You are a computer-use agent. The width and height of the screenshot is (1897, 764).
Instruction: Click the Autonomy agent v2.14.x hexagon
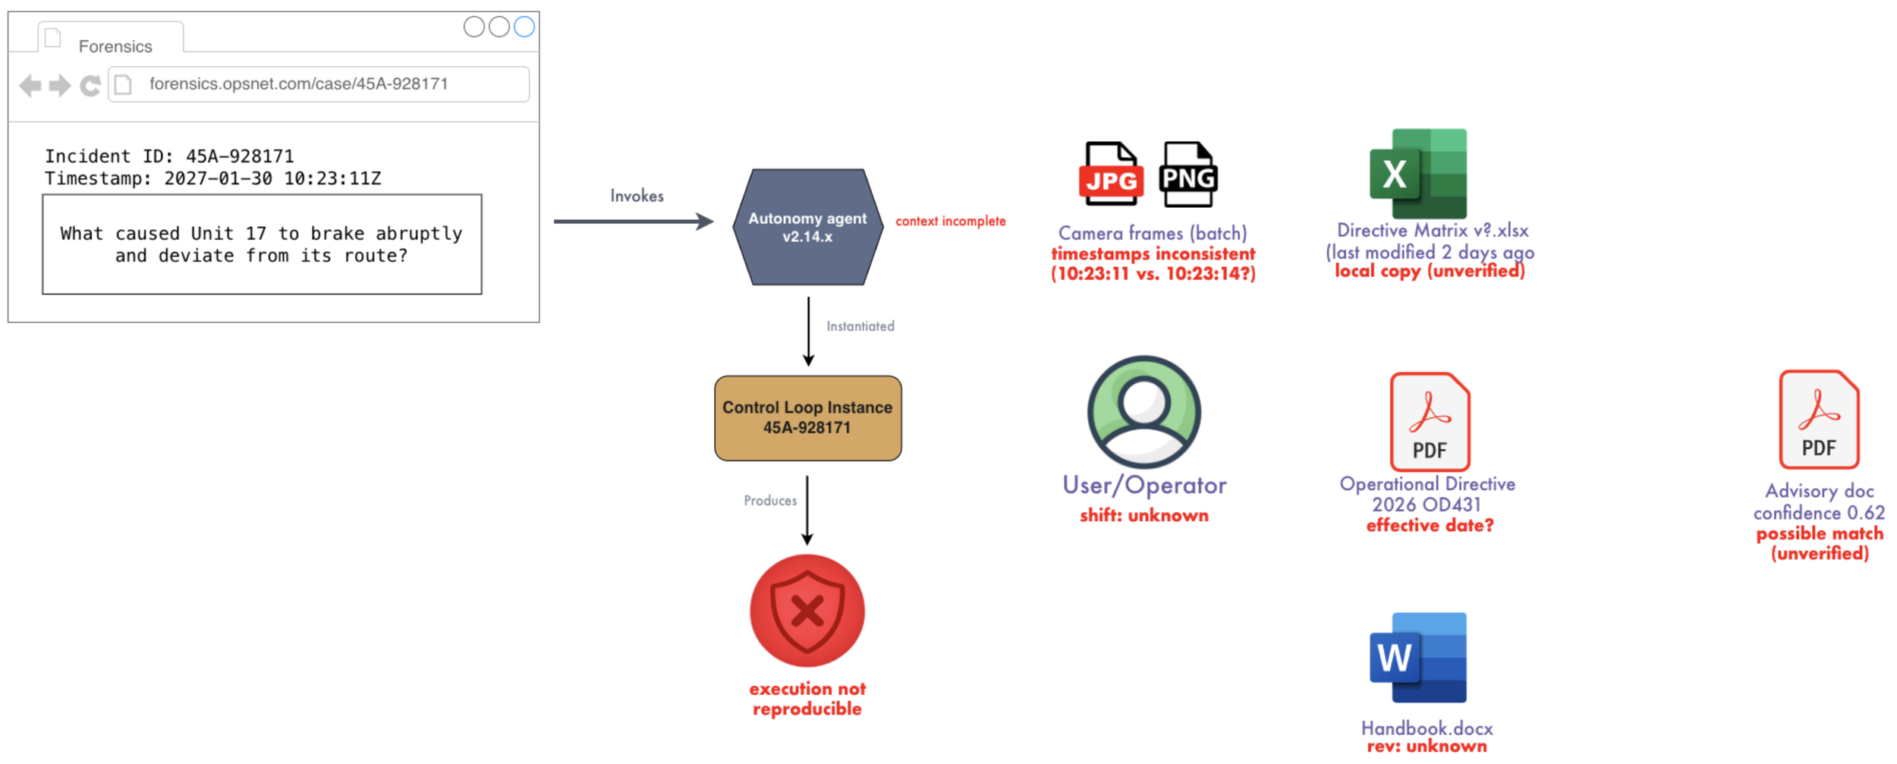coord(807,227)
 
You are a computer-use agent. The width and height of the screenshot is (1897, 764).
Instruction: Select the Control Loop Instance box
coord(807,418)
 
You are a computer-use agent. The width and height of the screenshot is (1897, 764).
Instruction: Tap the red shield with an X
coord(807,611)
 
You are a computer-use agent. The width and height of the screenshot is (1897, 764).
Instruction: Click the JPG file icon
coord(1111,174)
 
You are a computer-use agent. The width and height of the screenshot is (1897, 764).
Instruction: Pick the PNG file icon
coord(1188,174)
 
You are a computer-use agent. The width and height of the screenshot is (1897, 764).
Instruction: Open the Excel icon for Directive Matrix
coord(1417,174)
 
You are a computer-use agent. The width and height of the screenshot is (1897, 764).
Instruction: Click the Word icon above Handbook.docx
coord(1417,658)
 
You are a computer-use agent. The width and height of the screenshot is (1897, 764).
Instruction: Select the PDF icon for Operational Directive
coord(1430,422)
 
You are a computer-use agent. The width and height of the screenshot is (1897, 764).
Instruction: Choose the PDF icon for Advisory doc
coord(1819,420)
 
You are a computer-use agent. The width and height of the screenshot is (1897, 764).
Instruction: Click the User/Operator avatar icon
coord(1144,412)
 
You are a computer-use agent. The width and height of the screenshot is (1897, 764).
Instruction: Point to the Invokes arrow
coord(634,222)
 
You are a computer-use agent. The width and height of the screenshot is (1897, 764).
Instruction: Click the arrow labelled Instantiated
coord(808,332)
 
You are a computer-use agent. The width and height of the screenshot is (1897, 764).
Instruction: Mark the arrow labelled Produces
coord(807,510)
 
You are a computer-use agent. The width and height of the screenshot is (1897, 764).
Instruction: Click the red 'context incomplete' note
coord(950,221)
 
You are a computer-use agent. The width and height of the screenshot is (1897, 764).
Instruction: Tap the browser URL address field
coord(319,84)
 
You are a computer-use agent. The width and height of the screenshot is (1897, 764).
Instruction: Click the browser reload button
coord(90,86)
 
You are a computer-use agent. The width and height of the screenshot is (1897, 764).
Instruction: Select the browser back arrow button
coord(30,86)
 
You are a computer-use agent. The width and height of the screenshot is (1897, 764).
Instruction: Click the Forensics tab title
coord(115,46)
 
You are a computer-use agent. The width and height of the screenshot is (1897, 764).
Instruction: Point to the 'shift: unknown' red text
coord(1144,516)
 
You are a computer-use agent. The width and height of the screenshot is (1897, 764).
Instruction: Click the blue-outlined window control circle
coord(524,27)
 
